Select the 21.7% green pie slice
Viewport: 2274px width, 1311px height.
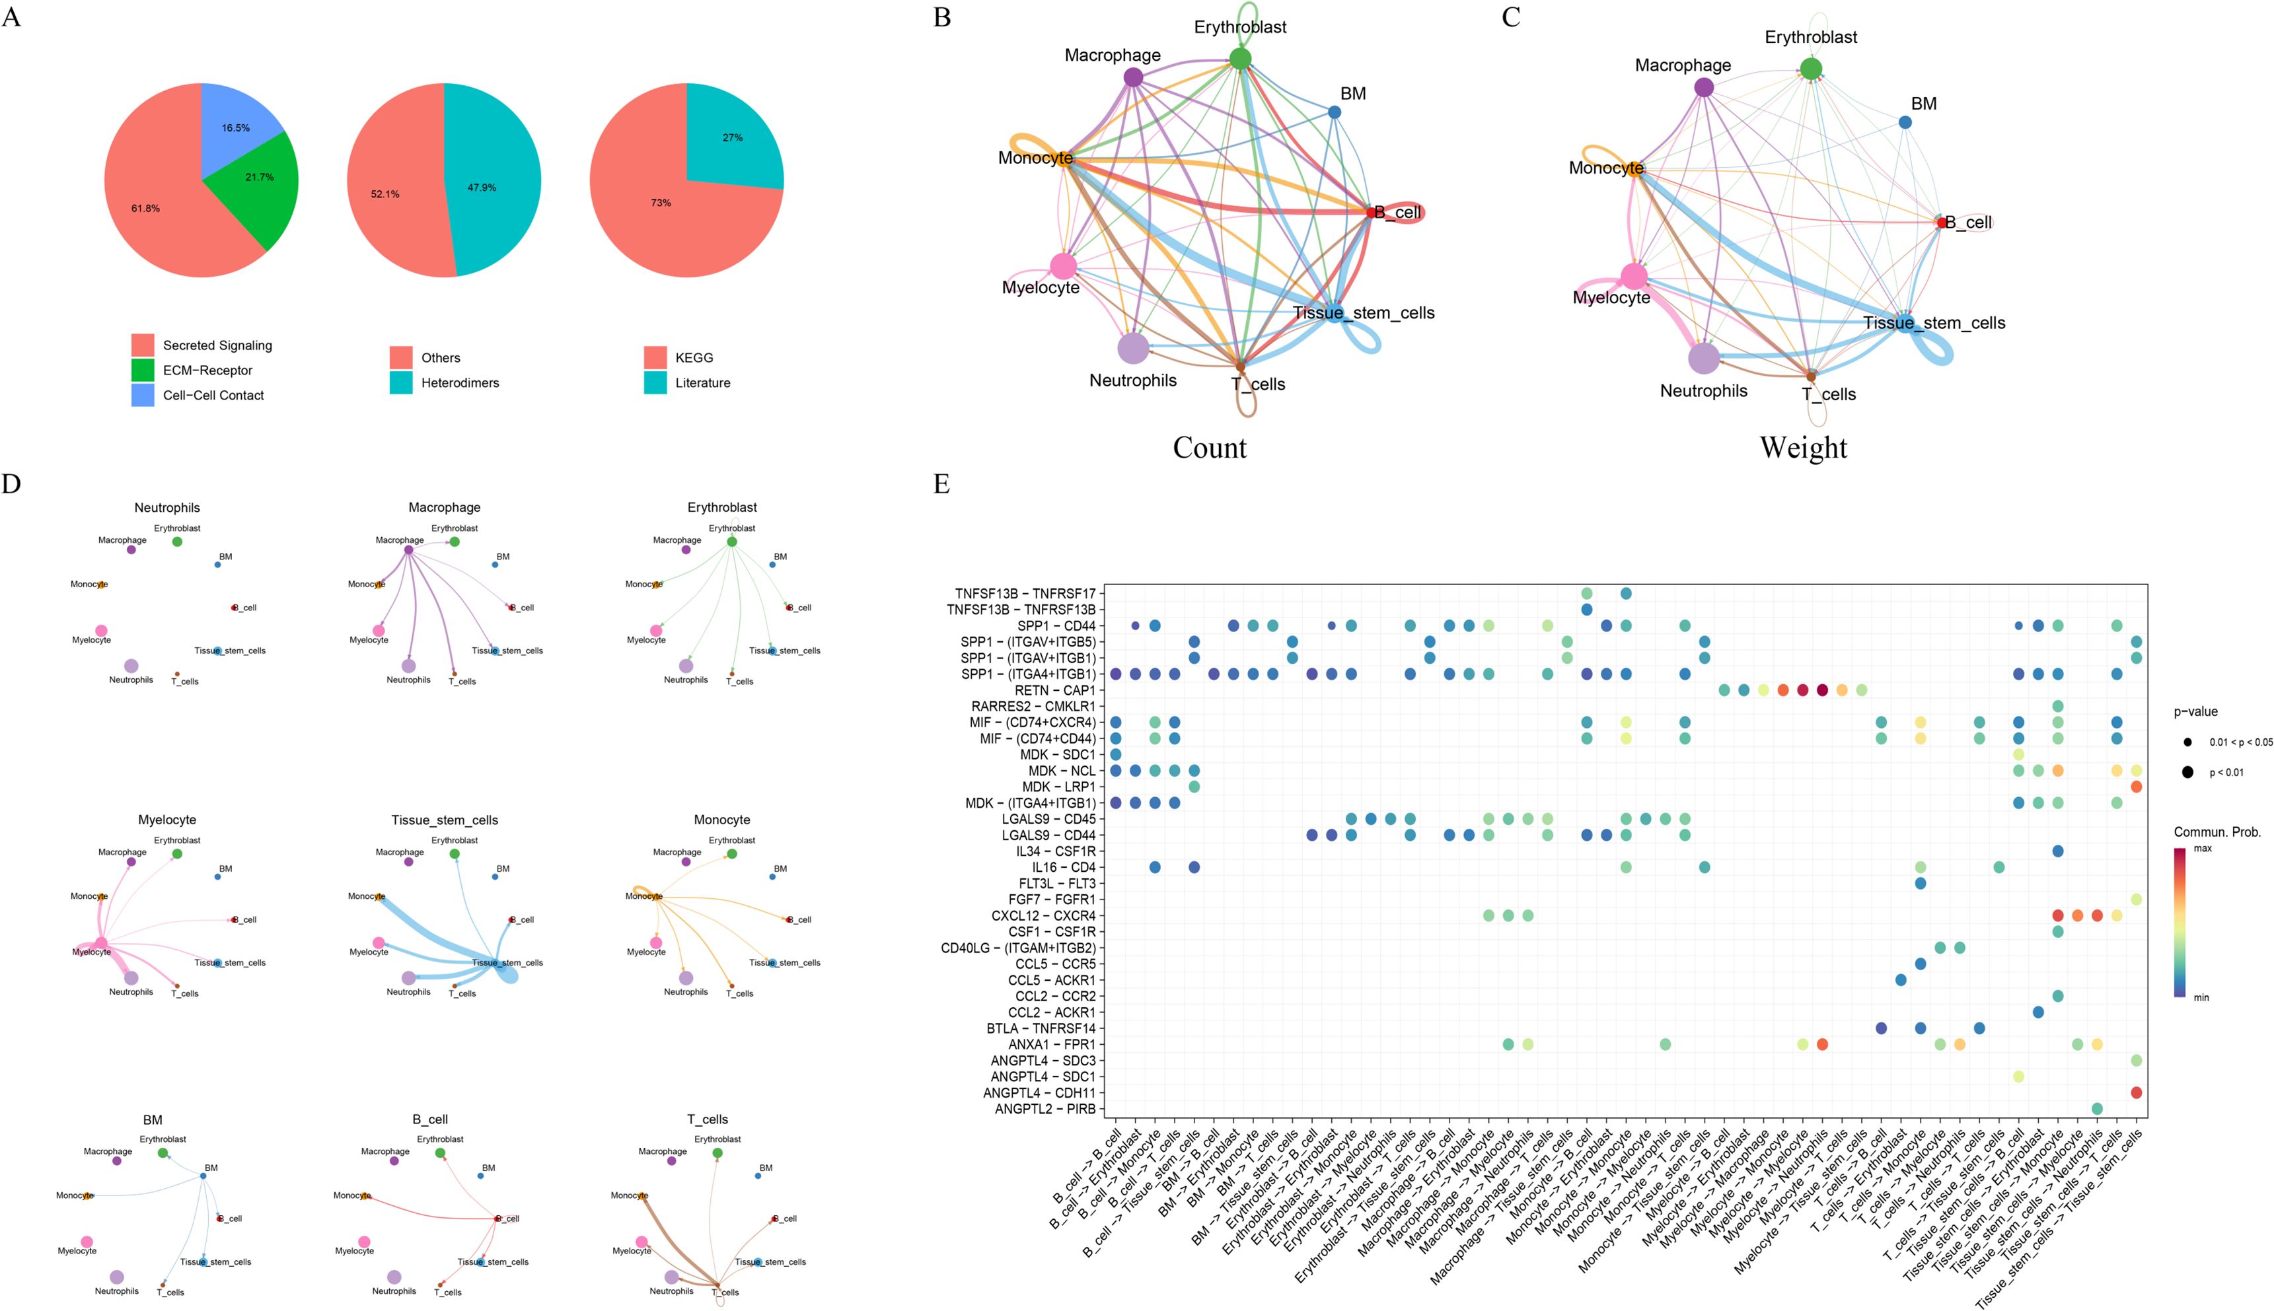coord(257,180)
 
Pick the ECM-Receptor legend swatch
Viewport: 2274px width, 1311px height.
coord(142,370)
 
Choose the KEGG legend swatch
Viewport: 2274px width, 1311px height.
coord(655,357)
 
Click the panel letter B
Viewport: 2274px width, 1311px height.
coord(942,17)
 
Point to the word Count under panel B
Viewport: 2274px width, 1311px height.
coord(1210,448)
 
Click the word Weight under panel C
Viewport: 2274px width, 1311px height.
coord(1803,448)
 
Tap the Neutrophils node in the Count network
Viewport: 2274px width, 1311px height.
coord(1133,349)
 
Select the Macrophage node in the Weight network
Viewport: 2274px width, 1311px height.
coord(1703,87)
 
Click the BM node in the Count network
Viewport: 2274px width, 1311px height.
coord(1334,112)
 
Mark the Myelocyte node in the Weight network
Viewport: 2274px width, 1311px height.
coord(1634,277)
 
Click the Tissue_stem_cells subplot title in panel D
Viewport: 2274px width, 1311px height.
coord(444,820)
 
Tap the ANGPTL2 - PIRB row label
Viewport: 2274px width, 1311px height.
coord(1045,1108)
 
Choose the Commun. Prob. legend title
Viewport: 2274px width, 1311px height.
coord(2217,832)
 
